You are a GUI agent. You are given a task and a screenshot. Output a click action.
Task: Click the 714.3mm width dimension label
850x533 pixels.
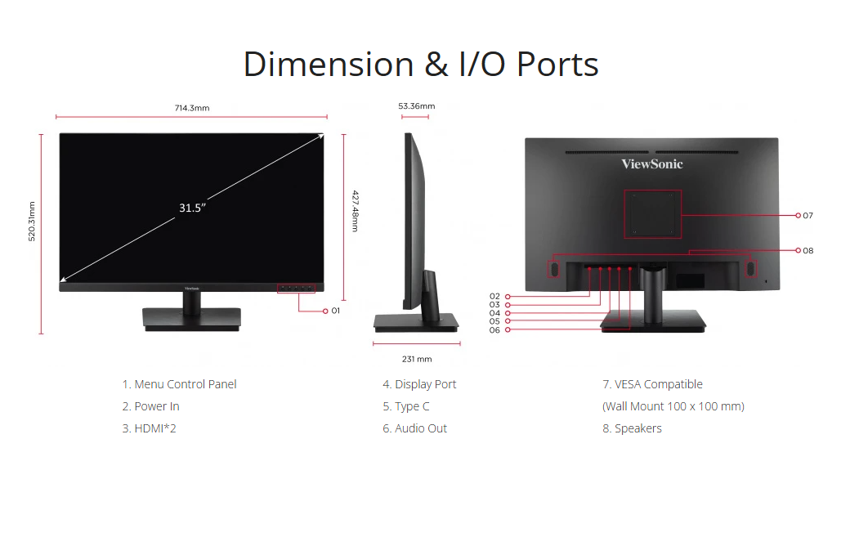click(x=192, y=108)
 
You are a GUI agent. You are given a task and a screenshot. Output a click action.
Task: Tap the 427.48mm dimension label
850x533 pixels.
click(x=355, y=211)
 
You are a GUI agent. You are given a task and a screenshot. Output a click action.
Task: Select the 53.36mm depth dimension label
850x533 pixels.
click(x=416, y=106)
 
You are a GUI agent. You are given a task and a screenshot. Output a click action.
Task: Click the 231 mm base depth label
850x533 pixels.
click(x=417, y=359)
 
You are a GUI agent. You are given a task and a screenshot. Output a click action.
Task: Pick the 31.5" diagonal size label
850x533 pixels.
click(x=192, y=208)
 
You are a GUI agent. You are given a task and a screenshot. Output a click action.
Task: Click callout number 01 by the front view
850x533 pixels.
click(x=335, y=311)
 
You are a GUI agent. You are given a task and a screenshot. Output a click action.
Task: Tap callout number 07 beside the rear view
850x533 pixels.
click(x=807, y=216)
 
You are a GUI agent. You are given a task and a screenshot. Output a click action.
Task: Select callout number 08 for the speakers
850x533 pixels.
click(x=807, y=251)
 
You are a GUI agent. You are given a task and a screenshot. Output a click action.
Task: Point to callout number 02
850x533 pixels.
click(x=494, y=297)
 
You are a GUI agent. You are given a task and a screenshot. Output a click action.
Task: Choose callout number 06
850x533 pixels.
click(x=494, y=330)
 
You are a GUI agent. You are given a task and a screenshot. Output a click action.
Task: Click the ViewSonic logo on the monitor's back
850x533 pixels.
click(x=651, y=163)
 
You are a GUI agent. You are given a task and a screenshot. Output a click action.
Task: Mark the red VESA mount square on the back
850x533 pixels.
click(x=652, y=214)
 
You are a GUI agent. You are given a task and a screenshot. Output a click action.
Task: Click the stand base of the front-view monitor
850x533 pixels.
click(x=192, y=318)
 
